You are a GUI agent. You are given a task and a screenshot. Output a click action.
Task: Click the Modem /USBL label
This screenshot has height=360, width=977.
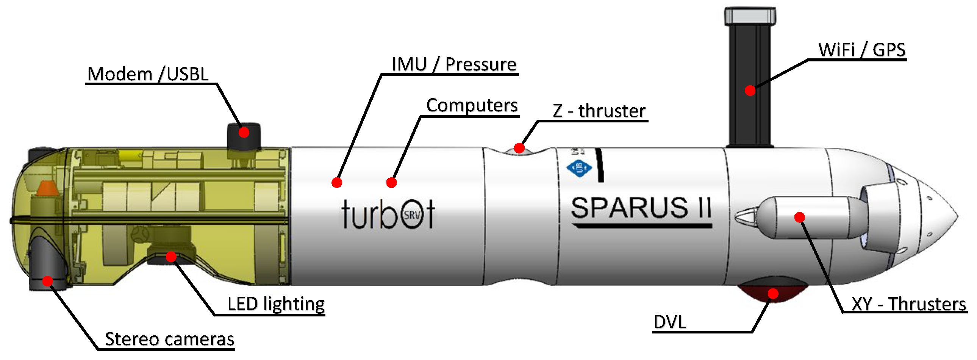click(148, 74)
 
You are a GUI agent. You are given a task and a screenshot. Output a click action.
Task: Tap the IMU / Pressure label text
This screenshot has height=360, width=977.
click(454, 64)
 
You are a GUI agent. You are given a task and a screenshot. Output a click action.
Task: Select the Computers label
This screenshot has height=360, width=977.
click(472, 105)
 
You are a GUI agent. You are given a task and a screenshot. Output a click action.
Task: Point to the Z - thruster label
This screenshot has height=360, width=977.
click(599, 111)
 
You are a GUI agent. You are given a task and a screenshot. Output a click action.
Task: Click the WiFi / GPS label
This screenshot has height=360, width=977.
click(861, 50)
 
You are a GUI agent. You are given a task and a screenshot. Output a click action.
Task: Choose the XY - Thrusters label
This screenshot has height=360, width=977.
click(908, 304)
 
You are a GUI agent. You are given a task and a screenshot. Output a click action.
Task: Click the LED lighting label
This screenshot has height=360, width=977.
click(276, 304)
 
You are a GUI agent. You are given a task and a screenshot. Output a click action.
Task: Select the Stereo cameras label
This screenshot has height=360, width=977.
click(170, 339)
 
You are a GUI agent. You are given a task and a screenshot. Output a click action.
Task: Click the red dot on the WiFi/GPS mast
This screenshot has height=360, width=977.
click(750, 91)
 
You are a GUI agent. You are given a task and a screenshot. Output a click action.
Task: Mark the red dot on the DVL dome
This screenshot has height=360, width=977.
click(773, 293)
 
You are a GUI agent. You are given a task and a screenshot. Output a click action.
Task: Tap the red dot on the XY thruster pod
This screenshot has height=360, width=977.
click(799, 217)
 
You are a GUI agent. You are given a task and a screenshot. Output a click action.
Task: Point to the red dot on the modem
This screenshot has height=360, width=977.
click(244, 132)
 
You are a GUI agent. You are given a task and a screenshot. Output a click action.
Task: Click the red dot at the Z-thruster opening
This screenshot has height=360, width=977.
click(519, 147)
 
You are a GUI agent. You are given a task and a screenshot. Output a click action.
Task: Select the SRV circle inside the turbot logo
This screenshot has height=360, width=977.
click(412, 215)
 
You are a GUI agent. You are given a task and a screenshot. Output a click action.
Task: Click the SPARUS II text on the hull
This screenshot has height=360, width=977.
click(641, 208)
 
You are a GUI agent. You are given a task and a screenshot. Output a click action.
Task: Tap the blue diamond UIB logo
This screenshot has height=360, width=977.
click(579, 168)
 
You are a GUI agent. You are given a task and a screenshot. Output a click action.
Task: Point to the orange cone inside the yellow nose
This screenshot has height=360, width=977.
click(47, 189)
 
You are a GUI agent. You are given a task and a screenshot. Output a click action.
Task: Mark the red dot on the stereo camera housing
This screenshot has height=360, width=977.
click(47, 281)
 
